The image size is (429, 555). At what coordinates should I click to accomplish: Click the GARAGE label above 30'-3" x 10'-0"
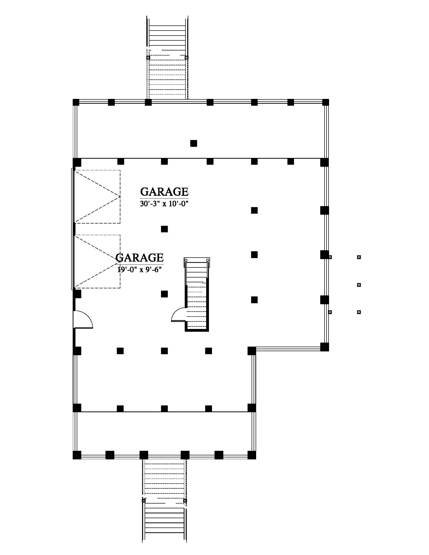[164, 192]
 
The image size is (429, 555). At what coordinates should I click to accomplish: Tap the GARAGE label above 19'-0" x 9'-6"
[140, 258]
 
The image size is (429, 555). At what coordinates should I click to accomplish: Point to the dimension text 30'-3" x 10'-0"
[164, 204]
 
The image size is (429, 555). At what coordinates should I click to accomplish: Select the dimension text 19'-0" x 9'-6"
[140, 269]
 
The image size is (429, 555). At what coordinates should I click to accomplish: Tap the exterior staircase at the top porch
[167, 58]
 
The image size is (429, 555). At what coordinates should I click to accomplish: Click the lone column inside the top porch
[194, 143]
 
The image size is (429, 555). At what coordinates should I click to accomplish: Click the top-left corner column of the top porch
[76, 102]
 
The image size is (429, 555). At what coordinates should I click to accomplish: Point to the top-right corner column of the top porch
[326, 102]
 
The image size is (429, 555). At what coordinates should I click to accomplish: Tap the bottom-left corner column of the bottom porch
[77, 455]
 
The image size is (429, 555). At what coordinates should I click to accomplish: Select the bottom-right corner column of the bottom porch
[252, 455]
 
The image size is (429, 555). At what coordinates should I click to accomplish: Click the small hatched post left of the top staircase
[148, 58]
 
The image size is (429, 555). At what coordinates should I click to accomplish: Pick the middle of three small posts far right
[359, 285]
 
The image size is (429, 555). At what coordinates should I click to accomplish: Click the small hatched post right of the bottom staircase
[185, 501]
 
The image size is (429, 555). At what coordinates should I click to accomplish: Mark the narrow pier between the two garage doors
[74, 229]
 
